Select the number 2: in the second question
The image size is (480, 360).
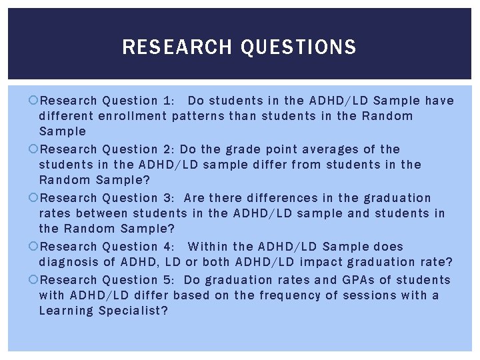click(x=169, y=149)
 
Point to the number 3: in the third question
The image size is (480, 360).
click(x=169, y=198)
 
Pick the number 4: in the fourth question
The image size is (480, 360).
click(x=169, y=247)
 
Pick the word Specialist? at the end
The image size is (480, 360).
click(x=133, y=311)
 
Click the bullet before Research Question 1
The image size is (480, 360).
click(x=35, y=101)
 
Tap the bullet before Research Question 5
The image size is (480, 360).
click(x=35, y=280)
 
